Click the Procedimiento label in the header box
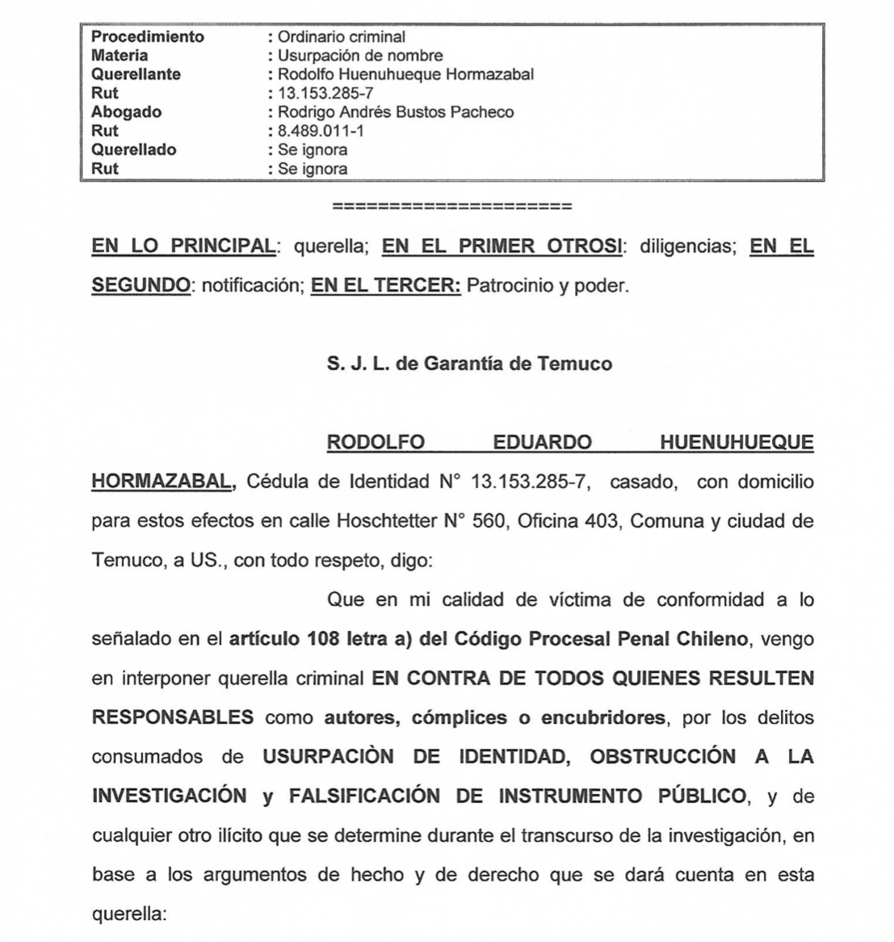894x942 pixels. tap(148, 37)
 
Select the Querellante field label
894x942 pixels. tap(136, 74)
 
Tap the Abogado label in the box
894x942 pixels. tap(126, 112)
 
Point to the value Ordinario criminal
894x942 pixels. tap(341, 37)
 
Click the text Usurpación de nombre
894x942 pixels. tap(360, 56)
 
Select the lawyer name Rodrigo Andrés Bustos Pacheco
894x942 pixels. tap(396, 112)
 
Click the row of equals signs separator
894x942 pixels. tap(452, 207)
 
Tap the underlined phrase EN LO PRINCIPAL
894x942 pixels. tap(183, 246)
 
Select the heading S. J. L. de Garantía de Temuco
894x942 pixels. tap(469, 364)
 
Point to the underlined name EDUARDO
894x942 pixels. tap(542, 443)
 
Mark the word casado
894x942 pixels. tap(641, 482)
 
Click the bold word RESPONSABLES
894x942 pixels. tap(173, 717)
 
